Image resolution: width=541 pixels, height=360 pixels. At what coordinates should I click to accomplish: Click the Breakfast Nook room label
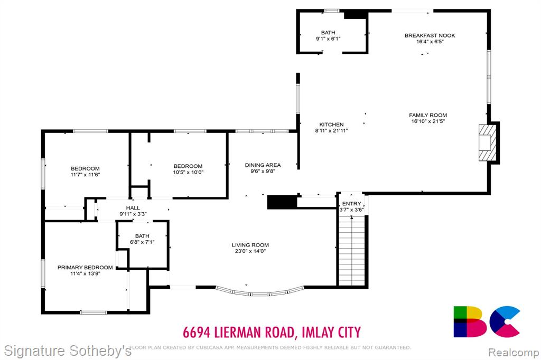430,35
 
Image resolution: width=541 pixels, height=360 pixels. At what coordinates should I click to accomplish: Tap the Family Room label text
428,115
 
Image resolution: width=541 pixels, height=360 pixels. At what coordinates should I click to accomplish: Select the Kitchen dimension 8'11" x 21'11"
332,131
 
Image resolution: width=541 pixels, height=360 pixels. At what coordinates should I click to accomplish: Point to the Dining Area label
263,165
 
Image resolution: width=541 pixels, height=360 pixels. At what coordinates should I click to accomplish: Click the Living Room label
250,245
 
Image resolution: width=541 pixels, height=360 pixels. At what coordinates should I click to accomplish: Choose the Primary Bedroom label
85,268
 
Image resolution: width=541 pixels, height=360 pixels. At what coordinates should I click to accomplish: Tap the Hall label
133,208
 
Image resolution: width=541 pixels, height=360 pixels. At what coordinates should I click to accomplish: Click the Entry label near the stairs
351,204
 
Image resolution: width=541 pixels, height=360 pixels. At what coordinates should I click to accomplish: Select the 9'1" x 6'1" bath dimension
328,39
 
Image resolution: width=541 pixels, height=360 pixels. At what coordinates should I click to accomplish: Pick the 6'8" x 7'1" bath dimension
142,242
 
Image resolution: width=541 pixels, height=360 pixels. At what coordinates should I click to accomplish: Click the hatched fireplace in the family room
488,143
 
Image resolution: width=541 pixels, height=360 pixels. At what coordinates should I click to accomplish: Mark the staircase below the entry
351,251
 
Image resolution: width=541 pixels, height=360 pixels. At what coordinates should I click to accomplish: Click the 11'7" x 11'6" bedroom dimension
85,175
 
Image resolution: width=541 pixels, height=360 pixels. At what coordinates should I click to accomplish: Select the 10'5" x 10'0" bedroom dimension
188,173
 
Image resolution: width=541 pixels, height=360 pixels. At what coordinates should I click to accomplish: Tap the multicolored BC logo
487,321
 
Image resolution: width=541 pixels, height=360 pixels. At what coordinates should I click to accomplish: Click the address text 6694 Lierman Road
239,333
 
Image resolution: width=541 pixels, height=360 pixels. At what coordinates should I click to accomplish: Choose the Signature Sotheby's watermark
68,351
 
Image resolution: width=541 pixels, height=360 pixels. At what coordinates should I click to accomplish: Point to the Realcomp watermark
514,353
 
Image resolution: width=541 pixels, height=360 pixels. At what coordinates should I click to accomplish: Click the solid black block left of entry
282,202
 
